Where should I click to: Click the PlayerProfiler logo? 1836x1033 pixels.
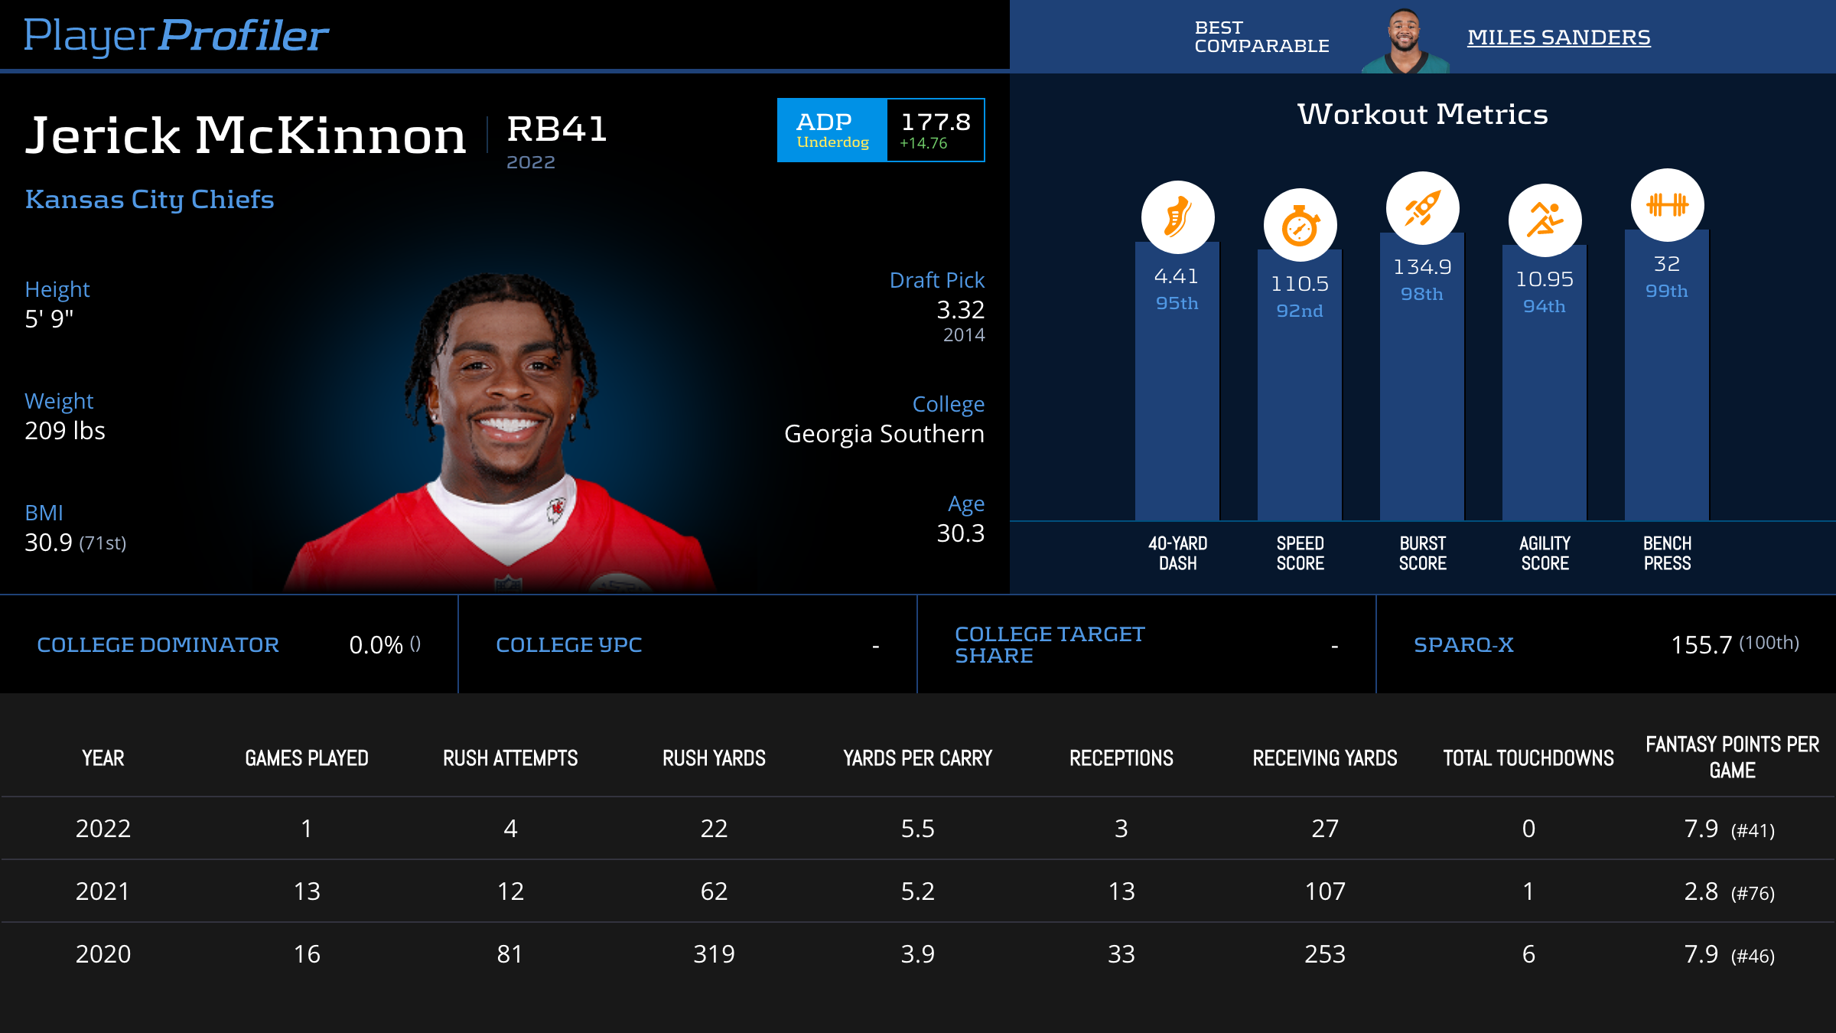coord(176,35)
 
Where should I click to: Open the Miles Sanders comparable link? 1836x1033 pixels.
coord(1558,37)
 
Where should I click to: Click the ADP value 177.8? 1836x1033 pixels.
coord(936,122)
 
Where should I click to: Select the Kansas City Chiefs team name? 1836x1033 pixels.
coord(149,199)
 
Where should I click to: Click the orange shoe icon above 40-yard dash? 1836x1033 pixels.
coord(1177,217)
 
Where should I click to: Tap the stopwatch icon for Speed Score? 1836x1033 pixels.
coord(1300,226)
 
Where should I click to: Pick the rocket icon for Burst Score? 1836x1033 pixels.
coord(1422,208)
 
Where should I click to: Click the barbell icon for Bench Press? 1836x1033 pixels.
coord(1667,204)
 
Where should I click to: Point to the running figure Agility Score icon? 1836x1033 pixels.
coord(1545,220)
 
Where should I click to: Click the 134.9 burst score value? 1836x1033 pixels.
coord(1422,267)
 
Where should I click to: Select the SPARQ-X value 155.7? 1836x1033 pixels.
coord(1701,645)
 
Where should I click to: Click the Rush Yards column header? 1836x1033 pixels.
coord(714,758)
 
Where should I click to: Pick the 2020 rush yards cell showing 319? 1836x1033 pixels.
coord(714,954)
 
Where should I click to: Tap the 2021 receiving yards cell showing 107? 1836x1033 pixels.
coord(1325,891)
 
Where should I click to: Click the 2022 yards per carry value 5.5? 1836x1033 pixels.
coord(917,829)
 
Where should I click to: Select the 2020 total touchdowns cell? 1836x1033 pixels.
coord(1528,954)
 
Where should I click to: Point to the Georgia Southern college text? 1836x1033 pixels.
coord(884,434)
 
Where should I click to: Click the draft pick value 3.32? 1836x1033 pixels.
coord(960,310)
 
